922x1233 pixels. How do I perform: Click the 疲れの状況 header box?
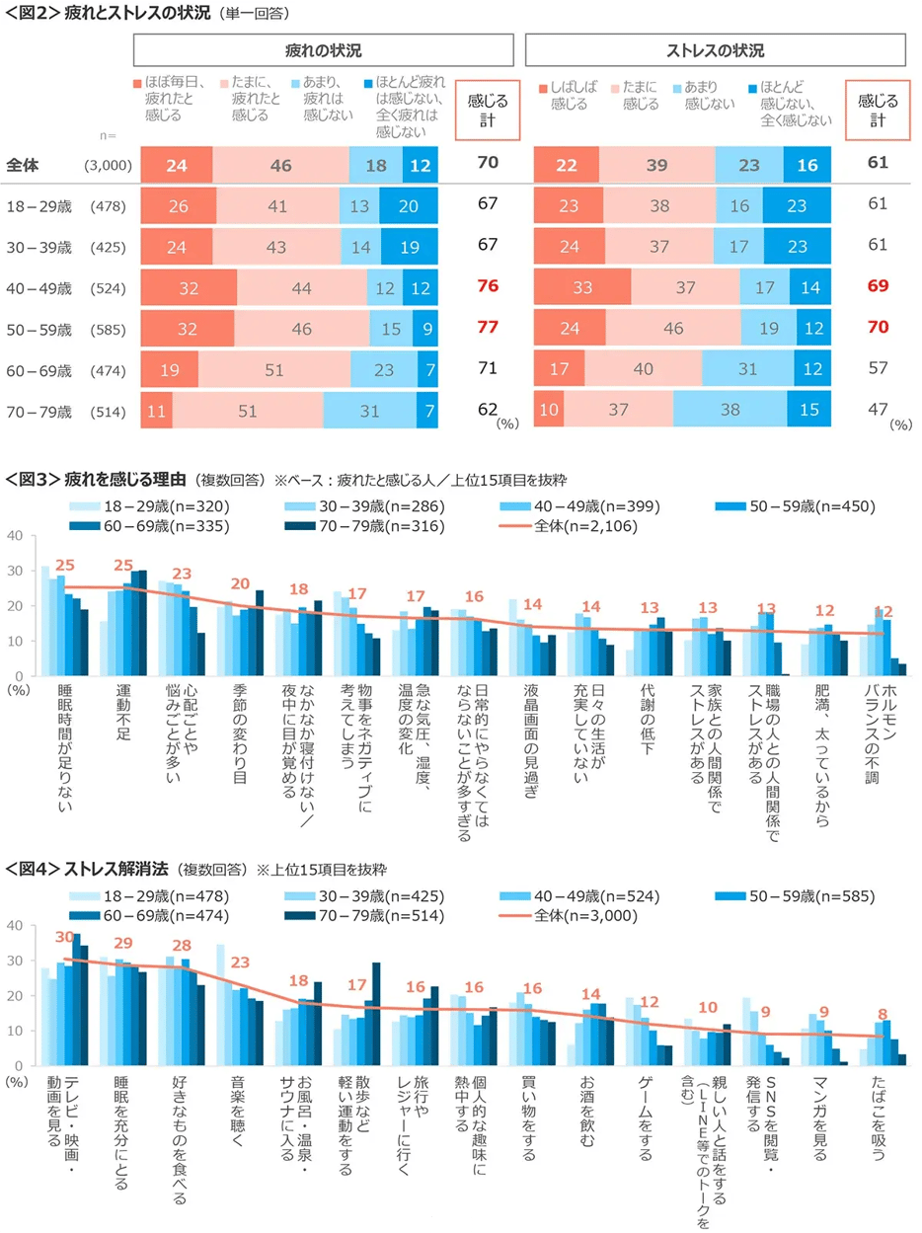[324, 50]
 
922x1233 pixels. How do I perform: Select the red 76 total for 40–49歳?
[487, 287]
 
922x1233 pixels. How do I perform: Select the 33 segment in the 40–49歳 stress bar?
[582, 287]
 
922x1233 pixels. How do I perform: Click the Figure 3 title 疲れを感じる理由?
[124, 481]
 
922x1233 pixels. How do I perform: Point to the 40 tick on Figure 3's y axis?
[14, 536]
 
